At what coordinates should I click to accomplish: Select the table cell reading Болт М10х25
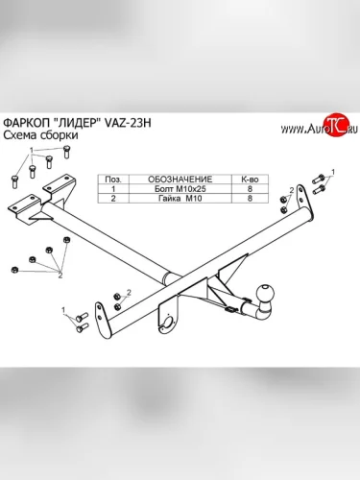(180, 189)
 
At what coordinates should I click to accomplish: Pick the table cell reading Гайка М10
(180, 199)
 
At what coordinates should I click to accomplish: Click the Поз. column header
(113, 180)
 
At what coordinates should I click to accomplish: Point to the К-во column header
(250, 180)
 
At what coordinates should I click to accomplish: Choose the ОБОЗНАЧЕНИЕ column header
(180, 180)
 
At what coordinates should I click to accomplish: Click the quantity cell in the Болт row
(250, 189)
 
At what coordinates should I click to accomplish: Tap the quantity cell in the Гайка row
(250, 199)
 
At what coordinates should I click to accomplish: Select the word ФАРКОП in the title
(26, 123)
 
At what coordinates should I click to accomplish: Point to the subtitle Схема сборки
(40, 135)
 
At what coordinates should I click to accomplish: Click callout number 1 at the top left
(32, 150)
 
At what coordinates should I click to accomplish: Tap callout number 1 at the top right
(333, 172)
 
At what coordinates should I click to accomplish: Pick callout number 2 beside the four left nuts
(60, 275)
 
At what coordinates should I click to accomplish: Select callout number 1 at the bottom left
(63, 310)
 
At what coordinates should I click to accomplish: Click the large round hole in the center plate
(168, 321)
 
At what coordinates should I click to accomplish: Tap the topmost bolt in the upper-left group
(66, 152)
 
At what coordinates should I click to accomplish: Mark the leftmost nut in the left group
(13, 270)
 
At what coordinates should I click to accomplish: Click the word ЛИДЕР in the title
(77, 123)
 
